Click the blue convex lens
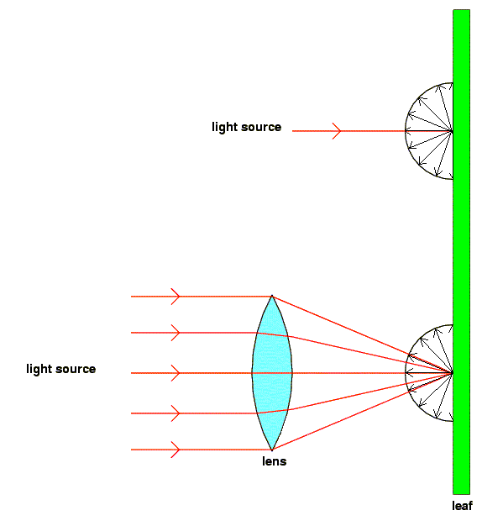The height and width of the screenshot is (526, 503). pos(272,373)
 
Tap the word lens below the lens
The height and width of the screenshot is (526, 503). pos(275,461)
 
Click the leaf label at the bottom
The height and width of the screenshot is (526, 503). pos(462,506)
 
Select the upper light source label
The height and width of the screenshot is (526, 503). pos(247,127)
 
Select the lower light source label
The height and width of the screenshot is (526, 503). pos(61,369)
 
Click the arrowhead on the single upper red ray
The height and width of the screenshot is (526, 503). pos(338,131)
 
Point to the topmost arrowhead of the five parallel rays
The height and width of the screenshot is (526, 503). pos(176,297)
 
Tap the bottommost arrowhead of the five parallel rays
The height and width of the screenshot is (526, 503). pos(176,450)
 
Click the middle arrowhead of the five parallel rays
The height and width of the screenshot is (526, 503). pos(176,373)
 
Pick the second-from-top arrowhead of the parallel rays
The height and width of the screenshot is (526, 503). pos(176,333)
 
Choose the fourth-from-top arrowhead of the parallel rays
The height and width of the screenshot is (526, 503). pos(176,413)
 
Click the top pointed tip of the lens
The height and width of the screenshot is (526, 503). pos(272,296)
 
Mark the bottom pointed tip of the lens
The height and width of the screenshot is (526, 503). pos(272,450)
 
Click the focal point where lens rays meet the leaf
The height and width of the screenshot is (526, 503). pos(453,373)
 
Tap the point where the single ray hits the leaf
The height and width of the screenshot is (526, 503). pos(453,131)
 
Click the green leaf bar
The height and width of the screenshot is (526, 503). pos(461,251)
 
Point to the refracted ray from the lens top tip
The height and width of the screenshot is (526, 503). pos(362,334)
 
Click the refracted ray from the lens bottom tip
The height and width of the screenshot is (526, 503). pos(362,411)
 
